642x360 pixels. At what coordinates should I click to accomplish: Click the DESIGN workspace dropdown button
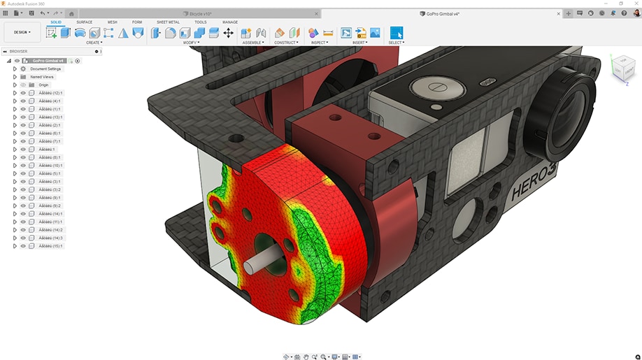[x=22, y=32]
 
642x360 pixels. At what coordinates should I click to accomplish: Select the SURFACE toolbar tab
[x=84, y=22]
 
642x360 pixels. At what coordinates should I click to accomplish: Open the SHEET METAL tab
[x=167, y=22]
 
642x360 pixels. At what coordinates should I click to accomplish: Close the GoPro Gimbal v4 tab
[x=557, y=13]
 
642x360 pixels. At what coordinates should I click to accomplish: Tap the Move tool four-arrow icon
[x=229, y=33]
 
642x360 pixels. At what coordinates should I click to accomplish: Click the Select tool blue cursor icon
[x=397, y=33]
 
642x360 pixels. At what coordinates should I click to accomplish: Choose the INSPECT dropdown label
[x=319, y=43]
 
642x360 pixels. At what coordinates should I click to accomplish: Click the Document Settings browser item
[x=45, y=69]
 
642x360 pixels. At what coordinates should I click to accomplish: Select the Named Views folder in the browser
[x=43, y=77]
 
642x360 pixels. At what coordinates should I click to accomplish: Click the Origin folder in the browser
[x=43, y=85]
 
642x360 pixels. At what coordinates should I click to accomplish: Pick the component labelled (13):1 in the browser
[x=50, y=117]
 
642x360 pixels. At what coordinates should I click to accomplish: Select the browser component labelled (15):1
[x=50, y=246]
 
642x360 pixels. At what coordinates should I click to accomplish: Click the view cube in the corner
[x=622, y=69]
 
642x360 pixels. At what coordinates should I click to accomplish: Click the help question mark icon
[x=624, y=13]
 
